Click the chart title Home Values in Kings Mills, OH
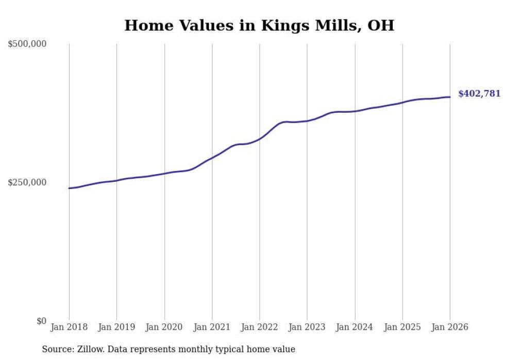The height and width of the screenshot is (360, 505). click(259, 25)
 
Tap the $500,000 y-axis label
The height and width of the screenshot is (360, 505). click(27, 44)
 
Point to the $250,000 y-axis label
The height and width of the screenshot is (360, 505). click(27, 182)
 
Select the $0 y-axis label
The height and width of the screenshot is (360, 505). click(41, 321)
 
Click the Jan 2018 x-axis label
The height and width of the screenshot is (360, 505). click(69, 327)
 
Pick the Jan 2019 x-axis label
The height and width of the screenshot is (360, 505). click(116, 327)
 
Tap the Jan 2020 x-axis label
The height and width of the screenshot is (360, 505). click(164, 327)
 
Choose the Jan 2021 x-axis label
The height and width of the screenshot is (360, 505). click(212, 327)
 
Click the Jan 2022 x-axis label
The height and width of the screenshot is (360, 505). click(260, 327)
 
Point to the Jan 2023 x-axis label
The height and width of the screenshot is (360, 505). click(307, 327)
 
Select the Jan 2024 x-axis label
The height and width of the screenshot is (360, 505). click(355, 327)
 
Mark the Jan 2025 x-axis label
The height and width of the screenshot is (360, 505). click(402, 327)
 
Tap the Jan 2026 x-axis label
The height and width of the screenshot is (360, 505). click(450, 327)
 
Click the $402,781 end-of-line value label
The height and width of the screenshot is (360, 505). click(479, 94)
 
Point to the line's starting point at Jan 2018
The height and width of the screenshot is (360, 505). click(69, 188)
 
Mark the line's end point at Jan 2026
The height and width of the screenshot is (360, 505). click(450, 97)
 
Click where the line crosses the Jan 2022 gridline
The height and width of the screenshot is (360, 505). click(260, 139)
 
